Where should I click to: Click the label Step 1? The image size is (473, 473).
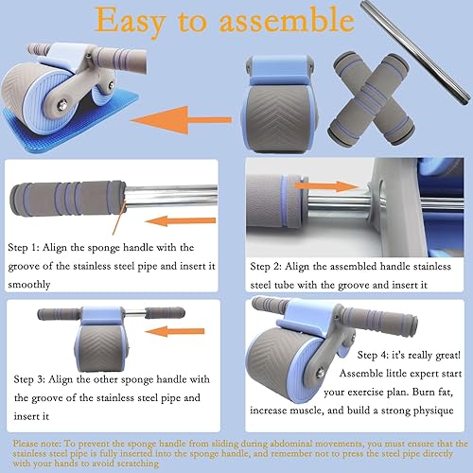(x=28, y=243)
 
